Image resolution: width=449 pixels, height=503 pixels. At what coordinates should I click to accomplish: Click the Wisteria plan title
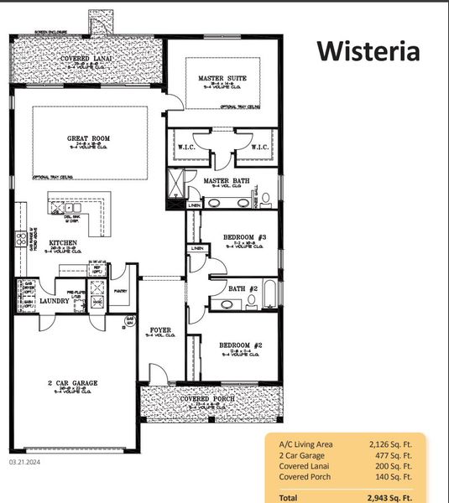point(368,52)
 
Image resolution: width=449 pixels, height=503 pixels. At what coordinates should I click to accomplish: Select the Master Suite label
point(222,79)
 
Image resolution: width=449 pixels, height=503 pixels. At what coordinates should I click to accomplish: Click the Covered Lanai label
point(87,58)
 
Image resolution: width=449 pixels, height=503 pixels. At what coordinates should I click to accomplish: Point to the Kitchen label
point(63,242)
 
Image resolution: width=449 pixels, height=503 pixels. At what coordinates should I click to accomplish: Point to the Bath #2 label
point(242,289)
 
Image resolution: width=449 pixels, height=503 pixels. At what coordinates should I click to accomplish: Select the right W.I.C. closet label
point(259,148)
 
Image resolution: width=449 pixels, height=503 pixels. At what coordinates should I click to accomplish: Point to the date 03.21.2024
point(25,461)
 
